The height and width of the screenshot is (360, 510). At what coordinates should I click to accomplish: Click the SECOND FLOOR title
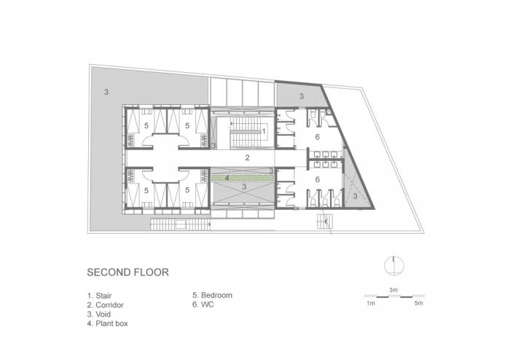tap(127, 273)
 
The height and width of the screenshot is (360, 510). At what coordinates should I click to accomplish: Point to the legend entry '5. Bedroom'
tap(212, 295)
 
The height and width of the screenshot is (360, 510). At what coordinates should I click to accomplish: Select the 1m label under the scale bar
tap(370, 302)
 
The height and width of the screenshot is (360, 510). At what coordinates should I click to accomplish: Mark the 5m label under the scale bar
tap(417, 302)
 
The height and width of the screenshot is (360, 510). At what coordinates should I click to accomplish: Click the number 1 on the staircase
tap(263, 131)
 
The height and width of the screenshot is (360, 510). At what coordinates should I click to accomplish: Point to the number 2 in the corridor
tap(247, 157)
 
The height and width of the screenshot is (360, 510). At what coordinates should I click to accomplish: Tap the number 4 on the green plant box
tap(227, 177)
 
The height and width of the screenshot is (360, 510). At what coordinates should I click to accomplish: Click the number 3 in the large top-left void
tap(106, 92)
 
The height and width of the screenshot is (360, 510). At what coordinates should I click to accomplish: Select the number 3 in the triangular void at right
tap(355, 195)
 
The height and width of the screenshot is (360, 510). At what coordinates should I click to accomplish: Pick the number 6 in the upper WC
tap(317, 137)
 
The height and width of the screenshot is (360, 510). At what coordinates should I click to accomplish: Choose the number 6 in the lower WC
tap(317, 179)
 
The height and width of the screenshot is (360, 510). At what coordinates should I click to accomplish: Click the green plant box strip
tap(241, 177)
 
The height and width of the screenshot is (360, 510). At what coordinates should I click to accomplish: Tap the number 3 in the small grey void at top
tap(301, 96)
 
